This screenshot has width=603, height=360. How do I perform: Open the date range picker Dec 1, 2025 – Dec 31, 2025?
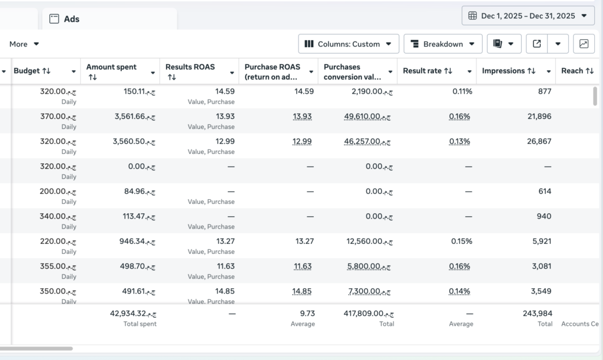[x=528, y=16]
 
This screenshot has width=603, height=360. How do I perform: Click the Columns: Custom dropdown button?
[x=349, y=44]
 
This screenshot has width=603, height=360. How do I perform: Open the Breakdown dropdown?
[x=443, y=44]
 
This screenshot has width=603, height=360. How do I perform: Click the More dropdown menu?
[x=24, y=44]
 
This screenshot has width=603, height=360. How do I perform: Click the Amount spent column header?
[x=111, y=67]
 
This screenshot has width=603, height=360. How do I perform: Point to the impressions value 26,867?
[x=539, y=141]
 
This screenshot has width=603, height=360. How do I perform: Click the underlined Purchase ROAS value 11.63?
[x=303, y=266]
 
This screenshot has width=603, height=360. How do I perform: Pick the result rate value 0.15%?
[x=462, y=241]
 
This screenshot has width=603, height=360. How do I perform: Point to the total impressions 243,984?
[x=537, y=313]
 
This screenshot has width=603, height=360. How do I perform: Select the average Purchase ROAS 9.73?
[x=307, y=313]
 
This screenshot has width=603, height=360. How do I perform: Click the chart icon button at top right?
[x=584, y=44]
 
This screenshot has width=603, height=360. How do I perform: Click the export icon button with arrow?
[x=537, y=44]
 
